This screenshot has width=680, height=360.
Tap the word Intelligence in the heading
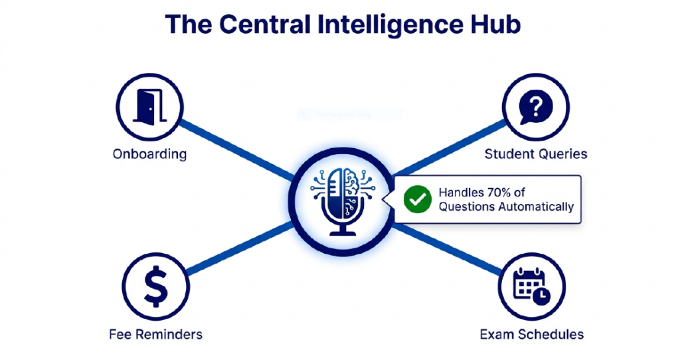(388, 24)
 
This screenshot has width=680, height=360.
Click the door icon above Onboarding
(149, 107)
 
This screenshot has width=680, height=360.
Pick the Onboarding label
(149, 154)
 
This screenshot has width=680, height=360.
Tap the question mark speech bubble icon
(535, 107)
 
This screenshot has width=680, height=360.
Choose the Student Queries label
(536, 154)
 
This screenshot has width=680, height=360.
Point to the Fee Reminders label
(156, 333)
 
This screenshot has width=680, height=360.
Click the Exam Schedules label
(532, 333)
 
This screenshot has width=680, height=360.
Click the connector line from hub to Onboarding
(236, 149)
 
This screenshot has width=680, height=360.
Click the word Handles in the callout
(461, 193)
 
